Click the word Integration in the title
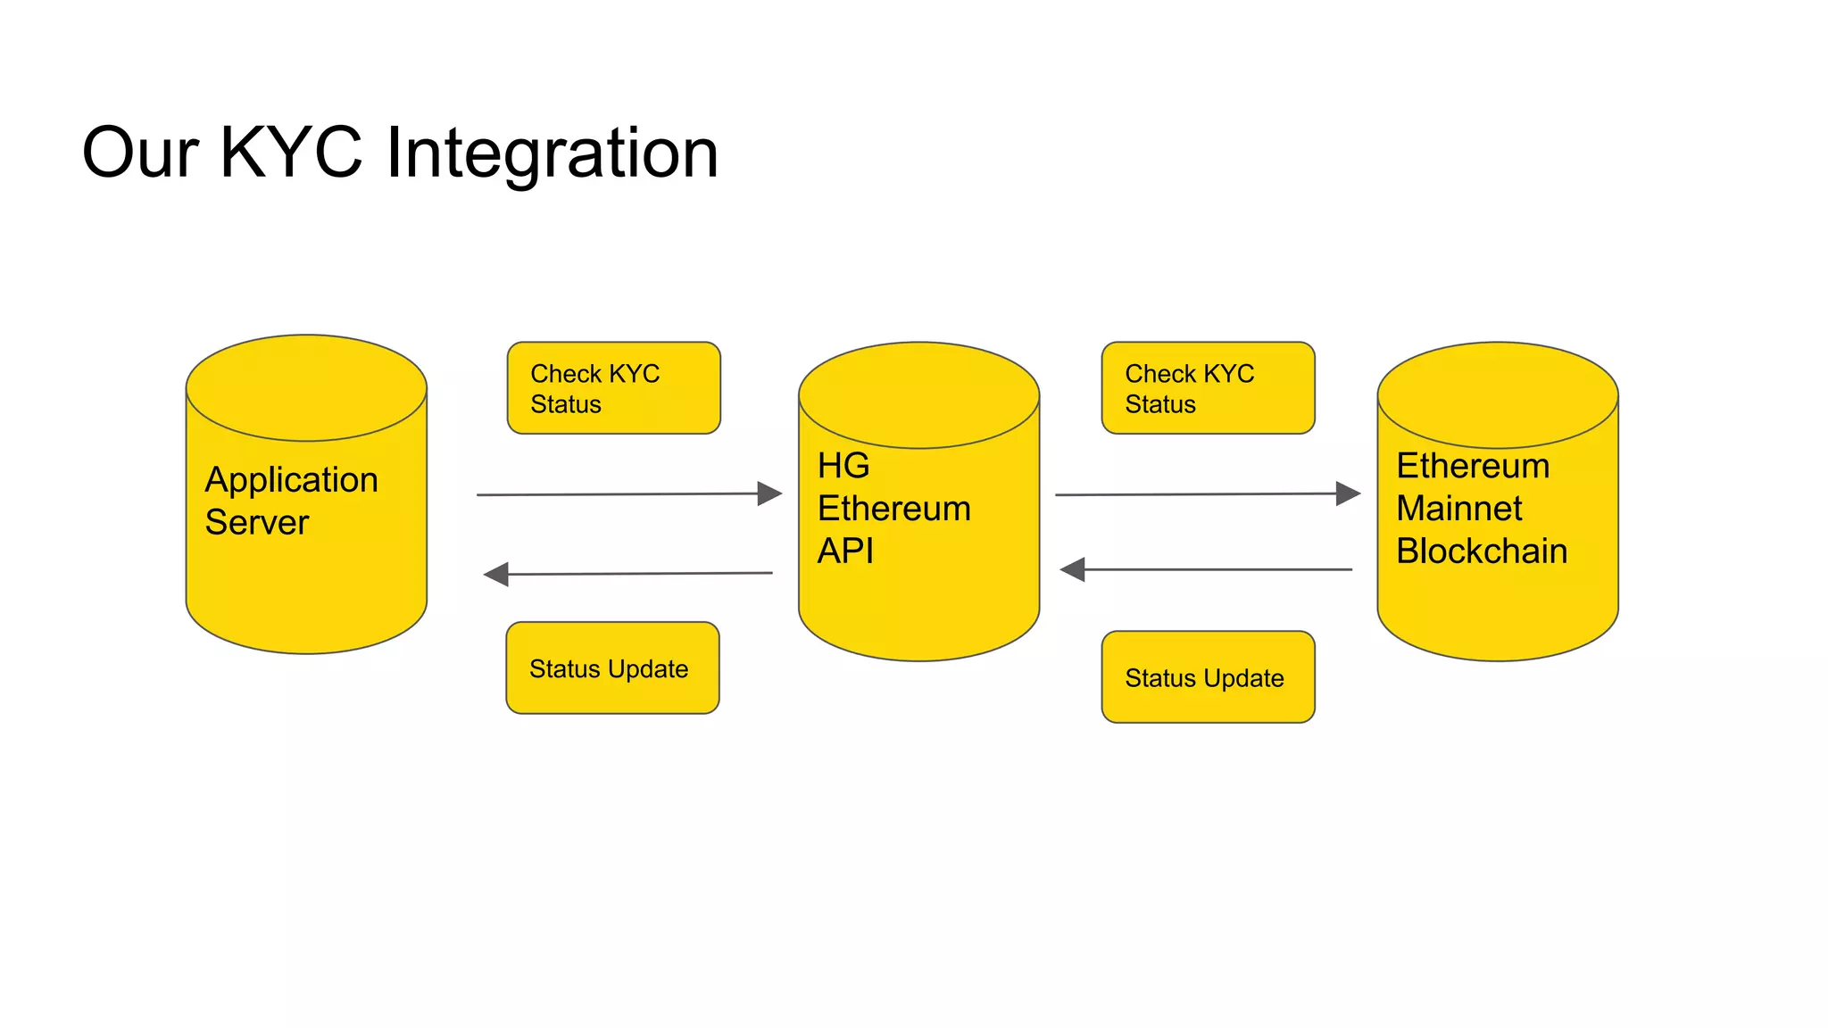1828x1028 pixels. pyautogui.click(x=552, y=153)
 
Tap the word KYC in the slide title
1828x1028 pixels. pyautogui.click(x=290, y=152)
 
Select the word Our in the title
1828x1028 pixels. pyautogui.click(x=139, y=153)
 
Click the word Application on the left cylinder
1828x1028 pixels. pyautogui.click(x=291, y=480)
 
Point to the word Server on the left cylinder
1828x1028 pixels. pyautogui.click(x=256, y=522)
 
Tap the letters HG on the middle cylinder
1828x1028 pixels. pyautogui.click(x=843, y=466)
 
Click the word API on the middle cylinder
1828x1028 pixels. pyautogui.click(x=845, y=551)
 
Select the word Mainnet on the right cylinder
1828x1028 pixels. pyautogui.click(x=1458, y=509)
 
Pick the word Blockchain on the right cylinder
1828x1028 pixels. pyautogui.click(x=1481, y=551)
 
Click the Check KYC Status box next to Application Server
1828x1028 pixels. pyautogui.click(x=613, y=388)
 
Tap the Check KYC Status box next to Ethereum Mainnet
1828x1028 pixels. pyautogui.click(x=1208, y=388)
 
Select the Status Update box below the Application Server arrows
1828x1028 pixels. pyautogui.click(x=612, y=668)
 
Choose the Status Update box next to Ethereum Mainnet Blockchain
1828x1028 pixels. pyautogui.click(x=1208, y=677)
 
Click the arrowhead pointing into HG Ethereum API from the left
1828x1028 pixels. pyautogui.click(x=769, y=493)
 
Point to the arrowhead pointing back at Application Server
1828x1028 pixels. pyautogui.click(x=495, y=575)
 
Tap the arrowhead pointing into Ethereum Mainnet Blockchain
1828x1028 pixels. pyautogui.click(x=1348, y=493)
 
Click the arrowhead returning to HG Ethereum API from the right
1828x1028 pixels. pyautogui.click(x=1072, y=569)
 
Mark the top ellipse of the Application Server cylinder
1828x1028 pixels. pyautogui.click(x=306, y=388)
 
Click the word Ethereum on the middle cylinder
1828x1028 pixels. pyautogui.click(x=893, y=509)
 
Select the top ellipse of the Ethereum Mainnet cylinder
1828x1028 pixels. pyautogui.click(x=1497, y=394)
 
